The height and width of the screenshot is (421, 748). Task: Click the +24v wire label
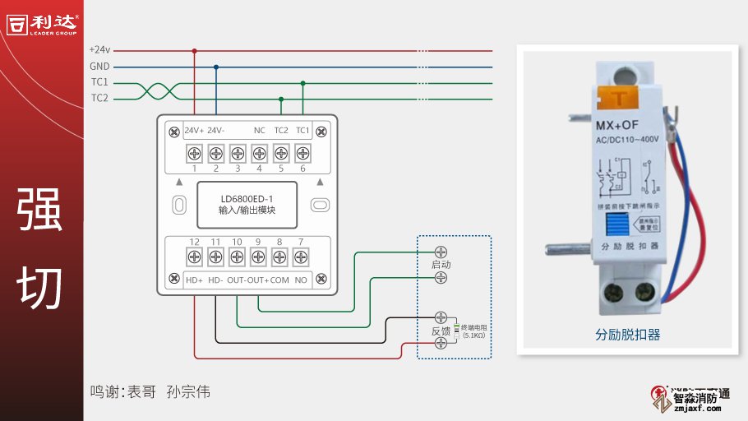(x=99, y=50)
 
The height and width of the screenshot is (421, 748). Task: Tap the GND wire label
(x=99, y=67)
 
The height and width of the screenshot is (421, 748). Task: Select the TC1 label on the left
(x=99, y=82)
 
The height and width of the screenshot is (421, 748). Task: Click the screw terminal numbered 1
(x=195, y=153)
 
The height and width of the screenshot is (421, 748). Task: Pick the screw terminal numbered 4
(x=259, y=153)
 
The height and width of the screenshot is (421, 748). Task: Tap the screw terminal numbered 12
(x=195, y=257)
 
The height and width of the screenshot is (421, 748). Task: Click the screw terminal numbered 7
(x=301, y=257)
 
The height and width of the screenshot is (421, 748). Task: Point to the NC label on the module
(x=259, y=130)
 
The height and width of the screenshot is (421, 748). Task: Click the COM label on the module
(x=279, y=280)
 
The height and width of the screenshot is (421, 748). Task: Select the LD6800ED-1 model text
(x=247, y=199)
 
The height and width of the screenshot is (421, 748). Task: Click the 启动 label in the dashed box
(x=441, y=265)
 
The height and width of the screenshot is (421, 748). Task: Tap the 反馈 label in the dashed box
(x=441, y=331)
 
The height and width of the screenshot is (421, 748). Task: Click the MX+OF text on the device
(x=617, y=125)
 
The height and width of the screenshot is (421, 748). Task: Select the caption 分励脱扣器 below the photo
(x=628, y=335)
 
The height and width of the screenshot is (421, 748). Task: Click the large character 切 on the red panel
(x=40, y=287)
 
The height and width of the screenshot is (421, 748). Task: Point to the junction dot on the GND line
(x=216, y=67)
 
